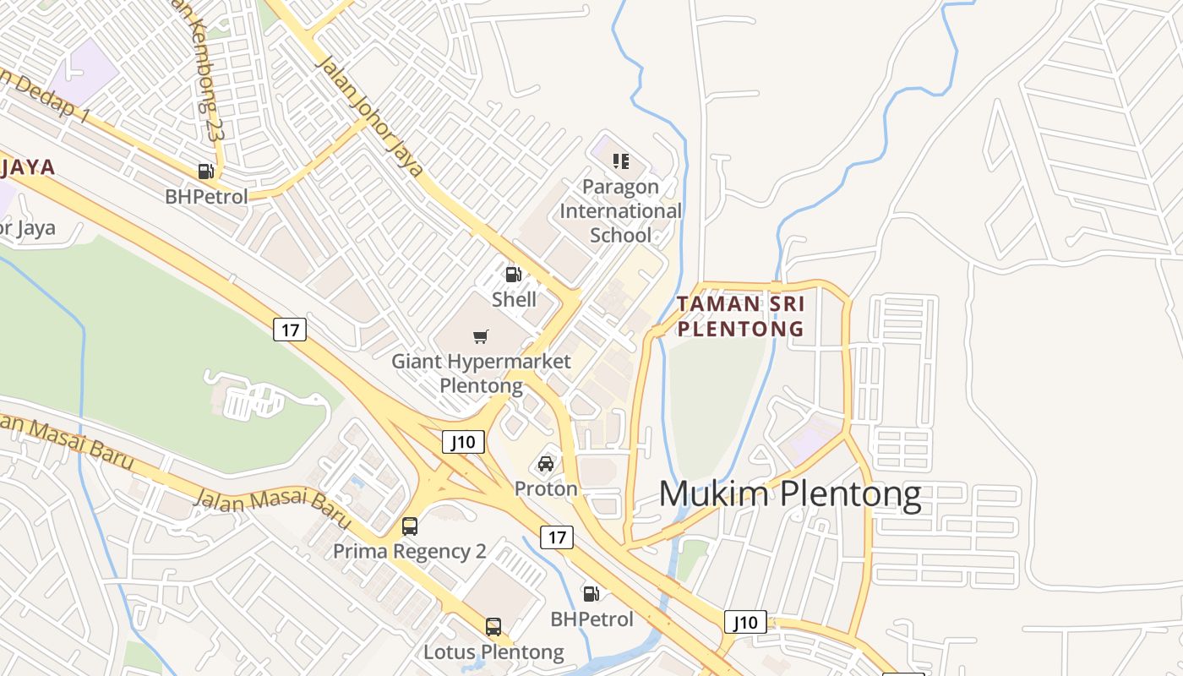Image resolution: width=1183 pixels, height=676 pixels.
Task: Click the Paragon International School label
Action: pos(620,210)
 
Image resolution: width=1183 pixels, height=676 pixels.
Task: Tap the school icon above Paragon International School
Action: pos(621,161)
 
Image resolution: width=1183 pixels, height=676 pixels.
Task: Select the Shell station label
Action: pos(514,299)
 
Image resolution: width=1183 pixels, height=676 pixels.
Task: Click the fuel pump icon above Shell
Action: pos(513,274)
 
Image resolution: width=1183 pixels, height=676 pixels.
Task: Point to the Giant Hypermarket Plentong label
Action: pos(481,373)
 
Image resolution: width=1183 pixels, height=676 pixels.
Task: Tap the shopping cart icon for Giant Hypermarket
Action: pos(481,337)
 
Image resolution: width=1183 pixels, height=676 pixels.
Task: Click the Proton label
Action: pos(546,488)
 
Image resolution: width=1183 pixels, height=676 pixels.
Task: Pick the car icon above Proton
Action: pos(546,464)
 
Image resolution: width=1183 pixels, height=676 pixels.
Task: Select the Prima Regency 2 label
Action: pos(410,551)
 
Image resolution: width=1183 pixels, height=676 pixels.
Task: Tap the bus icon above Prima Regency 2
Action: pos(410,526)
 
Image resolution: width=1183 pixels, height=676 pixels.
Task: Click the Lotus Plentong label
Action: pos(493,651)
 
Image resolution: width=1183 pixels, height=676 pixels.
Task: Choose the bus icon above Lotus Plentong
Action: pos(493,627)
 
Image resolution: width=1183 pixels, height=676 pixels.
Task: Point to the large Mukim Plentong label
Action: pos(789,493)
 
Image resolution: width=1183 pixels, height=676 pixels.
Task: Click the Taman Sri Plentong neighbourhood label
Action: pos(740,316)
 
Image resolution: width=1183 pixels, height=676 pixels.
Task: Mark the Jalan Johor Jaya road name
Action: pos(368,115)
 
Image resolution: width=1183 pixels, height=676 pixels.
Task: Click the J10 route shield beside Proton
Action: pos(464,441)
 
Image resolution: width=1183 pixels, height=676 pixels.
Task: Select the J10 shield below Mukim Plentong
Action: pos(745,623)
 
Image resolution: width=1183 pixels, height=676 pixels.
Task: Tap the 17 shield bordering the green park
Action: pos(290,330)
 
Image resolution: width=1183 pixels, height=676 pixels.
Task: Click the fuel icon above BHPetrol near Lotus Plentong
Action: pos(591,594)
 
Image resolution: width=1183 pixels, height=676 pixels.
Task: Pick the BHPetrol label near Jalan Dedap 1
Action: pos(206,197)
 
